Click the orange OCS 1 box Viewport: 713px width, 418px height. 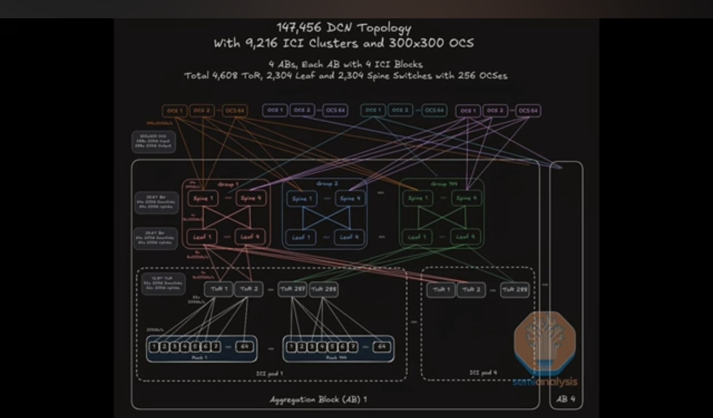click(174, 110)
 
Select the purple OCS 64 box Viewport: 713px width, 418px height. click(528, 110)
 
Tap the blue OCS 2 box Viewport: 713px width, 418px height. click(302, 110)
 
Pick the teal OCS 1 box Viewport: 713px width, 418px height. click(373, 110)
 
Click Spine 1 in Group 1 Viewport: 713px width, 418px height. click(203, 199)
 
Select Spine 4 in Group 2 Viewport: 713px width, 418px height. click(350, 199)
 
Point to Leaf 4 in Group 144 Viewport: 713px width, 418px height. click(465, 237)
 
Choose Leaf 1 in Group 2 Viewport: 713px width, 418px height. click(301, 237)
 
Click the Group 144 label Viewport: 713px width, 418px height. click(444, 184)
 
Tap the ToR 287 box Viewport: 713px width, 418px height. click(293, 289)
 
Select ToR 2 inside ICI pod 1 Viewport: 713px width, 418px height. click(249, 289)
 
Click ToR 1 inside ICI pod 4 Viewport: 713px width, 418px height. click(441, 290)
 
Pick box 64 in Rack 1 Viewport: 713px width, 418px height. click(245, 347)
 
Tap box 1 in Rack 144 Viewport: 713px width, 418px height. click(291, 347)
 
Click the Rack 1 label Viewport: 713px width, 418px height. click(200, 357)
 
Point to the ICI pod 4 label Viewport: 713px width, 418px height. click(483, 372)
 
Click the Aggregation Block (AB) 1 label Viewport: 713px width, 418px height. click(318, 399)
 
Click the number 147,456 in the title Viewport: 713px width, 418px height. click(299, 27)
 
